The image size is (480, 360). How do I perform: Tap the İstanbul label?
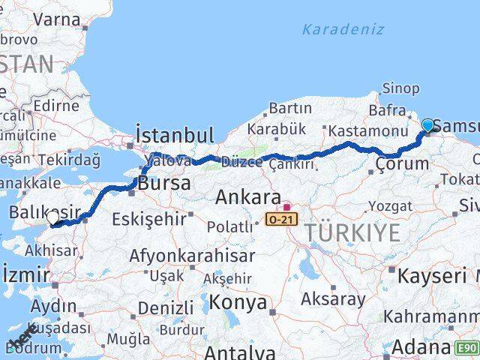click(175, 135)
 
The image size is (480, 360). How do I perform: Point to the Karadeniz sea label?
click(343, 30)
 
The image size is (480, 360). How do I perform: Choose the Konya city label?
click(238, 302)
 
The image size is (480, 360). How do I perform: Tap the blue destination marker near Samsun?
click(428, 125)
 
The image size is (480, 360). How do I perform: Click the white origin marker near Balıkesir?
click(52, 217)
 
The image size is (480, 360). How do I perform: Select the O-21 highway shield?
click(282, 218)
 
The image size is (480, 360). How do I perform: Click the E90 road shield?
click(466, 348)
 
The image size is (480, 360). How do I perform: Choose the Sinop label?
click(400, 88)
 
